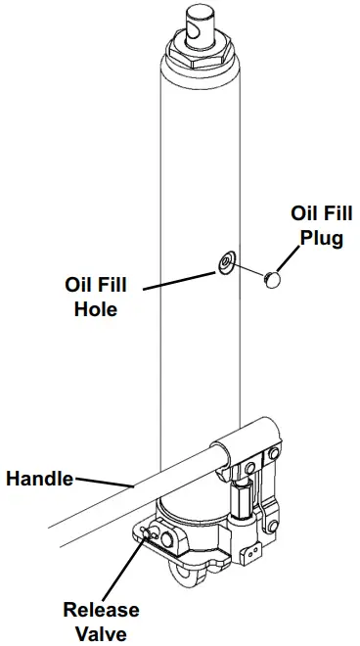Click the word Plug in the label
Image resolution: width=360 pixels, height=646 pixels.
point(322,238)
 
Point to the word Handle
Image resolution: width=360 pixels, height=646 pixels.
point(40,479)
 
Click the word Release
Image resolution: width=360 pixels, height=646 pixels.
point(102,610)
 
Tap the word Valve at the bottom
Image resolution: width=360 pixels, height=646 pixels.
point(102,633)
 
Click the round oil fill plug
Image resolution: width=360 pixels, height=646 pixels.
point(273,279)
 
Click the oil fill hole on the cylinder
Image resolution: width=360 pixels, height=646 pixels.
point(226,262)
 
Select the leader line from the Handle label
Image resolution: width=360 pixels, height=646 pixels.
point(104,482)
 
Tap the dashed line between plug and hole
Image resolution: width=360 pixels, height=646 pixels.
point(250,270)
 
